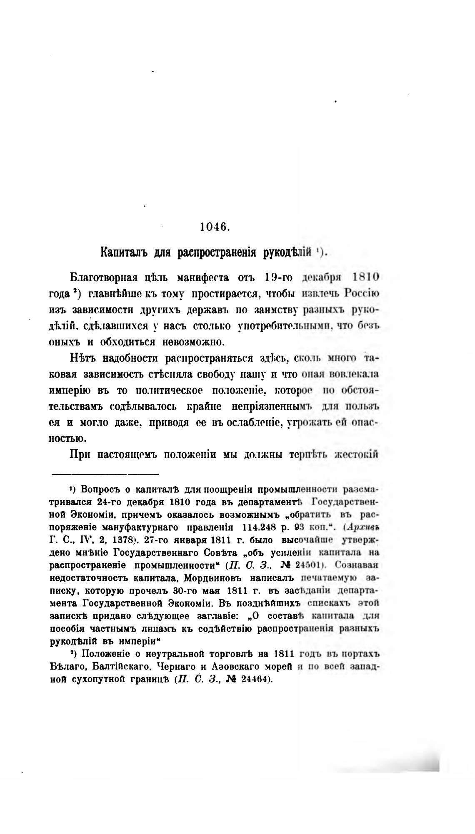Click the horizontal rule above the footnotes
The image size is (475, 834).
click(x=105, y=474)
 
